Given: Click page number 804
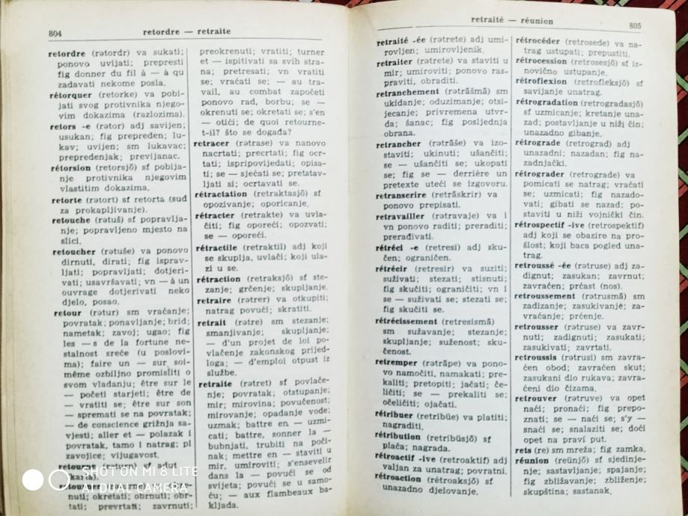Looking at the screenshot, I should (x=55, y=33).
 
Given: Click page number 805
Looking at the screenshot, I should (x=635, y=25).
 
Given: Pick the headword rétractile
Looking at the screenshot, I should (x=216, y=247).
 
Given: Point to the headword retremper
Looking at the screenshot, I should (x=397, y=363).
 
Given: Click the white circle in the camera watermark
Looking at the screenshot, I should (x=33, y=479).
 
